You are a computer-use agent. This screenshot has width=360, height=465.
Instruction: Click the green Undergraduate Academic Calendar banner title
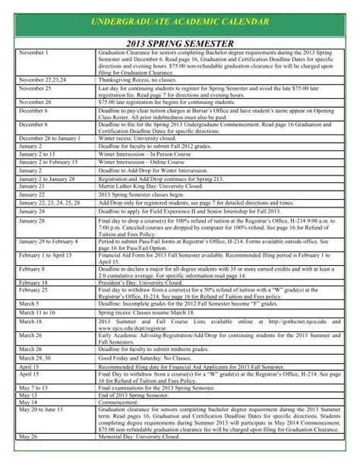click(180, 24)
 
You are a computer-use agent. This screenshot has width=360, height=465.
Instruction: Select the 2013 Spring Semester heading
click(180, 44)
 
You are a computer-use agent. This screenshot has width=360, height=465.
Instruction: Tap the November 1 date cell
click(33, 53)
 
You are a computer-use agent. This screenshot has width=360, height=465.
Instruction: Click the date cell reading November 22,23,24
click(43, 79)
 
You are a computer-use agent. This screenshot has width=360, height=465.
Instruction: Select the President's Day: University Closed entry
click(141, 282)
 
